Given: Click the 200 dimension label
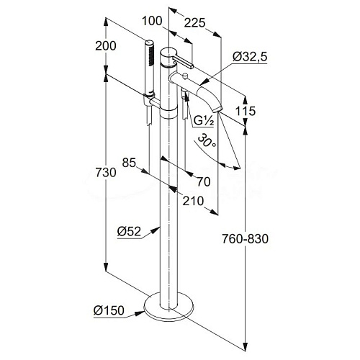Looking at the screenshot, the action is point(106,45).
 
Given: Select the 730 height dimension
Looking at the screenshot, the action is point(106,172).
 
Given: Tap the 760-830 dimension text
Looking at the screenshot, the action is point(245,239).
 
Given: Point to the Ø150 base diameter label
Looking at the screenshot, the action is point(109,310).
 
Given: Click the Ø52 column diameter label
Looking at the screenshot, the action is point(129,232).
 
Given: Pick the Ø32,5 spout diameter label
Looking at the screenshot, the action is point(250,57).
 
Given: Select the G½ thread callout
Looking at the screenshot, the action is point(204,121).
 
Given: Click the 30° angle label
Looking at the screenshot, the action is point(207,140).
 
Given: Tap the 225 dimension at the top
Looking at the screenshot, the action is point(195,23).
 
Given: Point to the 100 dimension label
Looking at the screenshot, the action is point(152,21).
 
